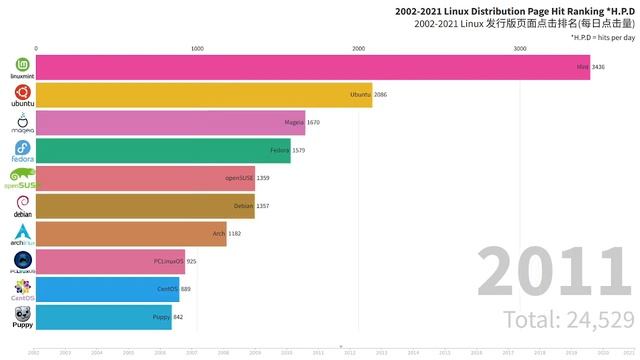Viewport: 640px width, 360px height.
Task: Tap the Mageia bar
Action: tap(170, 122)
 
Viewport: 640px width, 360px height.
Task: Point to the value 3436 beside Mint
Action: tap(599, 67)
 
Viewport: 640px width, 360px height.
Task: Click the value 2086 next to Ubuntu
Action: tap(381, 95)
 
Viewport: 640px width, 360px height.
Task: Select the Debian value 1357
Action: tap(263, 206)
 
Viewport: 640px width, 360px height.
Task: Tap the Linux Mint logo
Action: tap(21, 67)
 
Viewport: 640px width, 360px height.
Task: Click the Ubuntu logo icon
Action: tap(21, 95)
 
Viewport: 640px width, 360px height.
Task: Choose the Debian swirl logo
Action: tap(21, 205)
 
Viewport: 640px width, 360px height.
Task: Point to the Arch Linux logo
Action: tap(21, 234)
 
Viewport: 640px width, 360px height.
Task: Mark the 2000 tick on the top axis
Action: tap(358, 48)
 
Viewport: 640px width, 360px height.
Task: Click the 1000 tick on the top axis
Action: tap(197, 48)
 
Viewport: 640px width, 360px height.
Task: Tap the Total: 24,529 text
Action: tap(568, 320)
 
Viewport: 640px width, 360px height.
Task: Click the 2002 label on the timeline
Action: tap(33, 352)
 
